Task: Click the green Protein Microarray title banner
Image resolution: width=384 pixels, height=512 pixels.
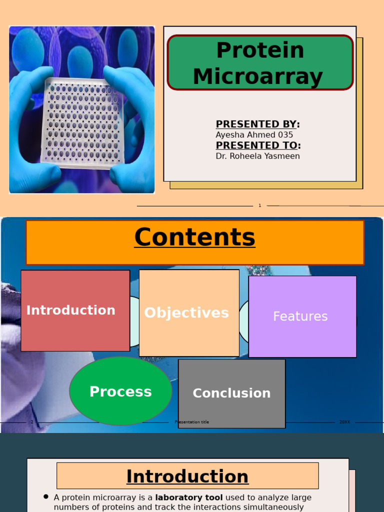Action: pos(260,62)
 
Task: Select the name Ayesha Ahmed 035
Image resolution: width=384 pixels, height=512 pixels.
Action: pos(254,135)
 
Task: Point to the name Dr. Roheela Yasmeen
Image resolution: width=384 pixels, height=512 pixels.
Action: pos(257,156)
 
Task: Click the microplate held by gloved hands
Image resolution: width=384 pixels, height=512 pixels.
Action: pos(82,122)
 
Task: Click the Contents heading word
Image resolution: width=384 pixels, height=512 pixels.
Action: pos(194,237)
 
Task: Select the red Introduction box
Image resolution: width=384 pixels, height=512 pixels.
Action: pos(75,310)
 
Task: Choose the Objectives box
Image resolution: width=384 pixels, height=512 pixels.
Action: pos(188,313)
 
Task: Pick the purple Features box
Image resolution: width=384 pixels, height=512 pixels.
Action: pos(302,316)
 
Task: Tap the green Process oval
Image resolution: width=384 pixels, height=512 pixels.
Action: pos(120,391)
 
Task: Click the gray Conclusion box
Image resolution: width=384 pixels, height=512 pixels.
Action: pos(231,393)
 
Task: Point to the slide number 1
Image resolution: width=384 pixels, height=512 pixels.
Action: pos(259,205)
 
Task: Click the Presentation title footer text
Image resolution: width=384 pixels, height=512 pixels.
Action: pos(192,422)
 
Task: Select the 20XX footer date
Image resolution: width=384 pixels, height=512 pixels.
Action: pos(344,422)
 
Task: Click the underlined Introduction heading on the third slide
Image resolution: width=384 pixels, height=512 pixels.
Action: pos(187,476)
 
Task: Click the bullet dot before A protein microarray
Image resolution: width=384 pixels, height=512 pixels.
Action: pos(46,497)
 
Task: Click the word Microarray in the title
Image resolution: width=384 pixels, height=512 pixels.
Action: pos(257,77)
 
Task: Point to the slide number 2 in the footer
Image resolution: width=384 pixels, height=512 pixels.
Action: pos(32,422)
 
